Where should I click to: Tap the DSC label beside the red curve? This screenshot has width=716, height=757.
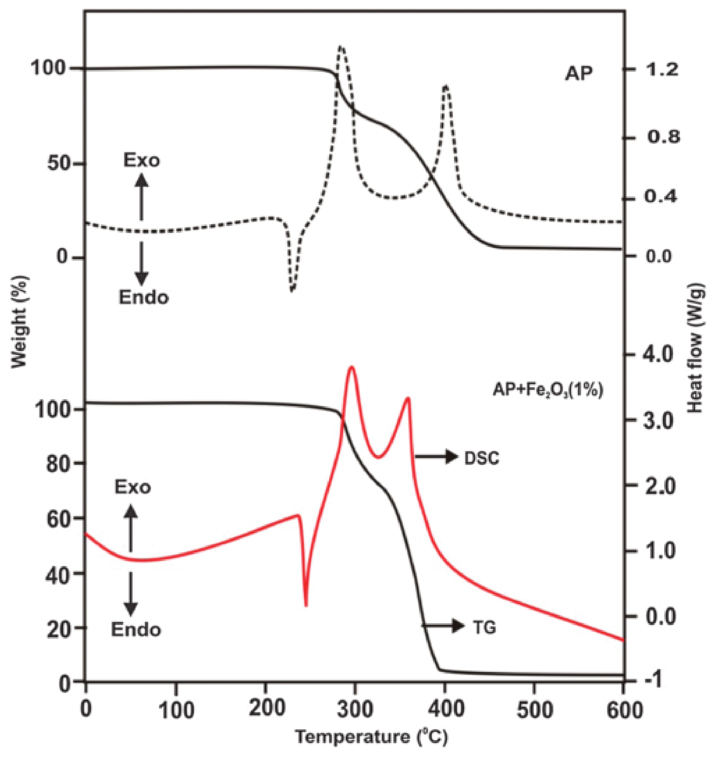point(482,459)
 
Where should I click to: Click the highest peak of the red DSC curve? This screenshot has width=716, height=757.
point(351,367)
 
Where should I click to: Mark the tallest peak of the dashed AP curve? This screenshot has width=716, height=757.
point(341,46)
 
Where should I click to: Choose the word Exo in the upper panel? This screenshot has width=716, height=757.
point(141,161)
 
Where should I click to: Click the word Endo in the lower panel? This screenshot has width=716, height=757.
point(136,629)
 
